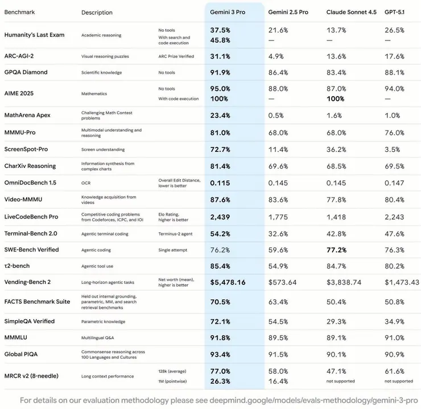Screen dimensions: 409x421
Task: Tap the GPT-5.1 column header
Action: (x=395, y=12)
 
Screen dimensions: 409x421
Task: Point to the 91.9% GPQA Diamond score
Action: (x=220, y=72)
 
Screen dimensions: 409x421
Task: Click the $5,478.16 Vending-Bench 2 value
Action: (x=228, y=282)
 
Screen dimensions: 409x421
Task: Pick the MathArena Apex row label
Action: (x=27, y=115)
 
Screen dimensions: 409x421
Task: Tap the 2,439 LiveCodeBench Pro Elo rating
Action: (x=220, y=217)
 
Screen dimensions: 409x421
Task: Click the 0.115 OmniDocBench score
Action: (x=220, y=183)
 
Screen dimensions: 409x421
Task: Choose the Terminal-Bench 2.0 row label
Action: (x=30, y=233)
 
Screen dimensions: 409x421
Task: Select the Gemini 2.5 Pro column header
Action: (x=288, y=12)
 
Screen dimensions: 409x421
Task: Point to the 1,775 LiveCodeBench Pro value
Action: (x=278, y=217)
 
